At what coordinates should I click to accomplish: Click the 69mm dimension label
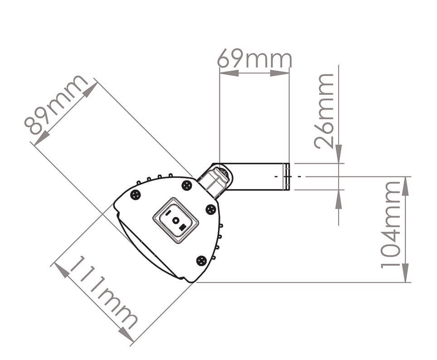point(254,59)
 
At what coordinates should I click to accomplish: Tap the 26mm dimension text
point(325,111)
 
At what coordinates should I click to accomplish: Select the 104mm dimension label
point(391,224)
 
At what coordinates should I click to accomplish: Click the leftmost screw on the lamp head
point(135,195)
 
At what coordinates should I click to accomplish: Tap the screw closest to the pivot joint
point(186,185)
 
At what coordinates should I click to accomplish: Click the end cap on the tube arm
point(286,176)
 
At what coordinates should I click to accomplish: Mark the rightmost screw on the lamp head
point(210,209)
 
